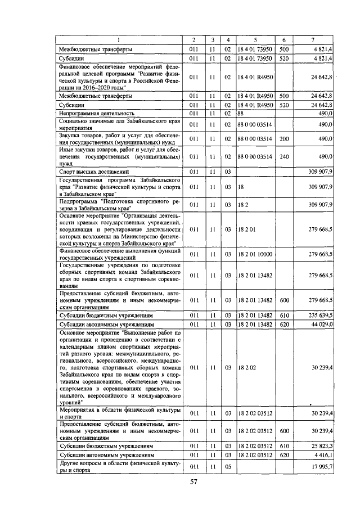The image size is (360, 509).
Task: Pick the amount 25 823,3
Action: click(322, 445)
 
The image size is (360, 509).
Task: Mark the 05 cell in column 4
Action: click(228, 467)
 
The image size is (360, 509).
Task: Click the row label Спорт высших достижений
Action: click(94, 170)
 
